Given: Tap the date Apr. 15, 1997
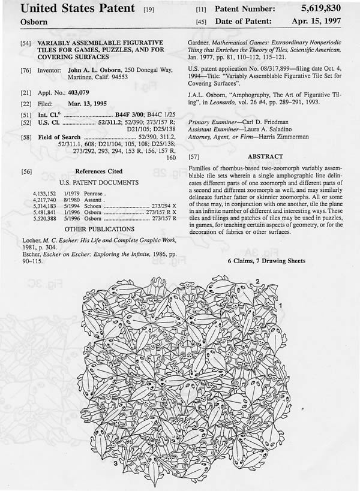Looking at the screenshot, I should coord(319,22).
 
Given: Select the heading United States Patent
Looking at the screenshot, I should coord(71,10).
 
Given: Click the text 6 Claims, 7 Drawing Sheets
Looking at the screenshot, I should coord(266,261).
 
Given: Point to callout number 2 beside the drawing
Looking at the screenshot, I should coord(257,281).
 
